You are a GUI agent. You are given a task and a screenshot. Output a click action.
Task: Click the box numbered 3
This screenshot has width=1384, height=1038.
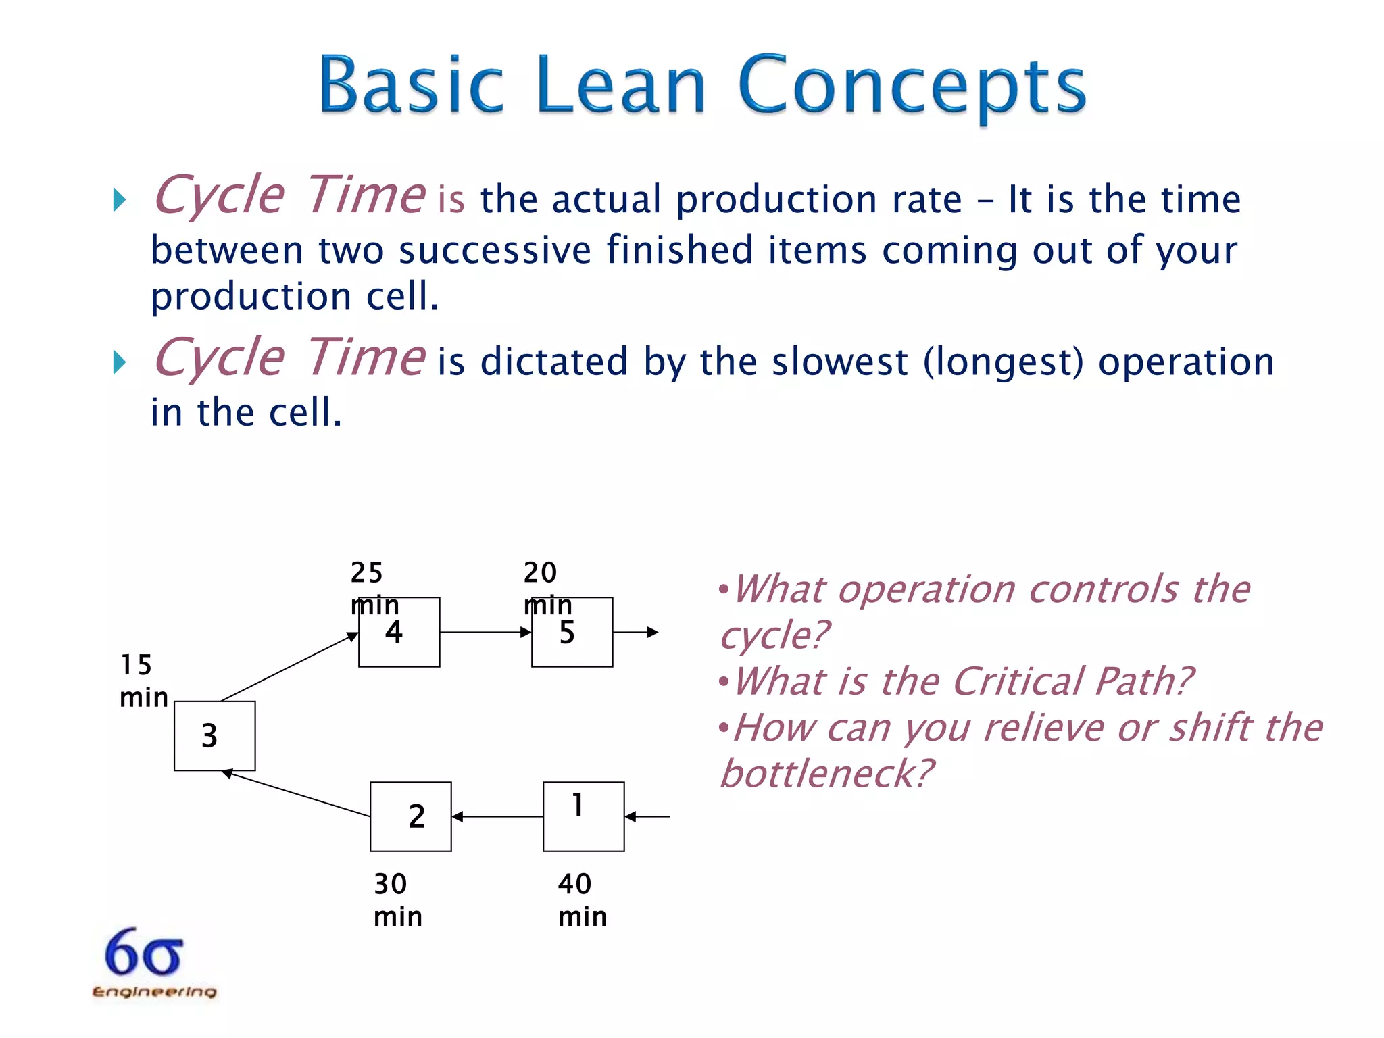tap(214, 735)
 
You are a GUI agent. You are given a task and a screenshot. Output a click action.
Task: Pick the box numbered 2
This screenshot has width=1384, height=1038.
tap(410, 816)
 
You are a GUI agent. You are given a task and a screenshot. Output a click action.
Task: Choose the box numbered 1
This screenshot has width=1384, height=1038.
tap(583, 816)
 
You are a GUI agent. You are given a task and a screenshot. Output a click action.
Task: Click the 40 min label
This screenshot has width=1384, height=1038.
tap(582, 900)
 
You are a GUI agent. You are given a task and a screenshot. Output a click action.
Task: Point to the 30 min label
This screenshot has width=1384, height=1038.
tap(397, 900)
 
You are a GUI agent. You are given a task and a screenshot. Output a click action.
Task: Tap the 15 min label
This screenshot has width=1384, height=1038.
tap(143, 681)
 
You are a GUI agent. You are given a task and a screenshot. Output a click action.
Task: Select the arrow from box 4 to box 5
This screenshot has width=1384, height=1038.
tap(485, 633)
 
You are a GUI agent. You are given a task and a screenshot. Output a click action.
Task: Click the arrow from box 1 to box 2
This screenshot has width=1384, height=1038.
tap(497, 816)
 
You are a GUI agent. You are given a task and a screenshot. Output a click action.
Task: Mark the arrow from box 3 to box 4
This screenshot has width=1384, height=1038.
tap(289, 667)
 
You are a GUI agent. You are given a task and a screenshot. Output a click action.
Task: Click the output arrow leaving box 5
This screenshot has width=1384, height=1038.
tap(635, 633)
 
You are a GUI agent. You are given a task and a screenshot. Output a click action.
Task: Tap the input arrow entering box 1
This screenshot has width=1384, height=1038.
tap(647, 816)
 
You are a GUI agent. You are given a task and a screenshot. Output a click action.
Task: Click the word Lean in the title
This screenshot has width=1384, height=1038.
tap(621, 86)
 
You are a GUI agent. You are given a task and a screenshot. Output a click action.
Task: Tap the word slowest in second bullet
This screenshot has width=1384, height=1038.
tap(839, 362)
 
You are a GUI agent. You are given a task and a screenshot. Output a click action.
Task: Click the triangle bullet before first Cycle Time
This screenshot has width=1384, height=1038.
tap(120, 199)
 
